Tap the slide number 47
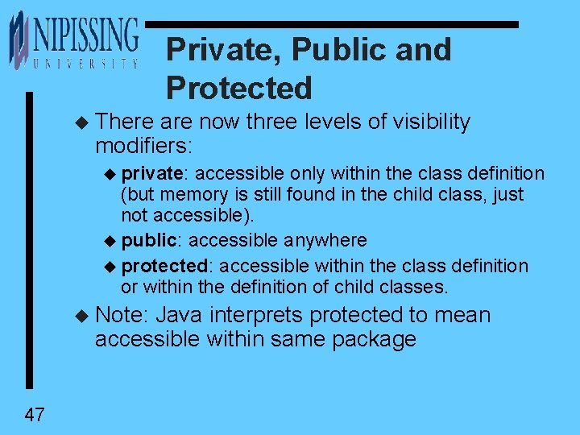click(x=35, y=416)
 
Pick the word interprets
click(x=255, y=314)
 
